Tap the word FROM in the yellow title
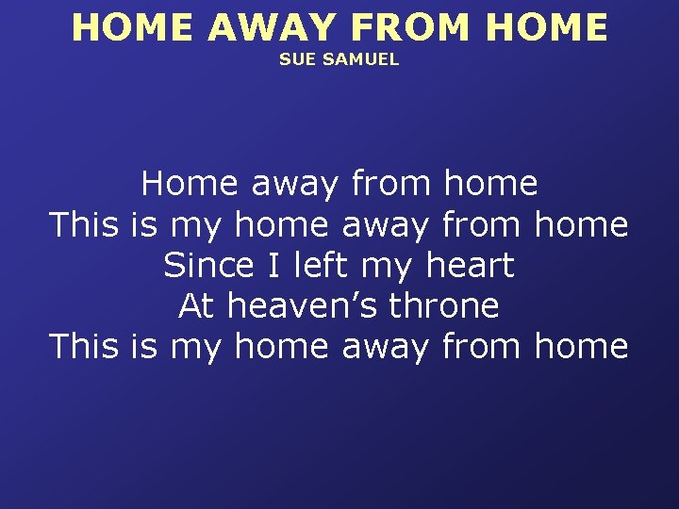click(x=395, y=27)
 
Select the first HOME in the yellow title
click(x=133, y=27)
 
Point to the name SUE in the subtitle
click(x=293, y=59)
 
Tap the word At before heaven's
click(x=197, y=305)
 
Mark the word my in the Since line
click(x=381, y=267)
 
